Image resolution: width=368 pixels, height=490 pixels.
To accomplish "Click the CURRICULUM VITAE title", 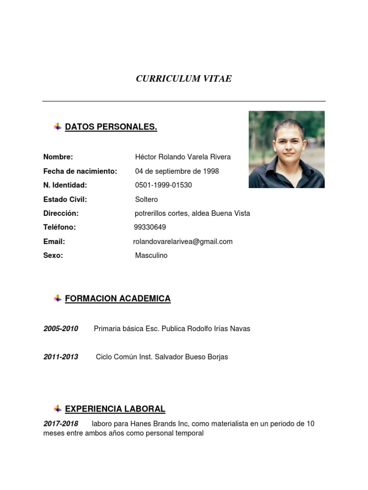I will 184,79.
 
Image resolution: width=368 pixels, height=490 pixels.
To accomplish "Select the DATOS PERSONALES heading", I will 111,127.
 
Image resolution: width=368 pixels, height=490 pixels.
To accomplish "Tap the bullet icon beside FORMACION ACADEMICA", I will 57,299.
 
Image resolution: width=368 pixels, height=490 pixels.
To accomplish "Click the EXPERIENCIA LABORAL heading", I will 115,409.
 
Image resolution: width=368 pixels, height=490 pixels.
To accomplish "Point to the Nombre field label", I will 58,157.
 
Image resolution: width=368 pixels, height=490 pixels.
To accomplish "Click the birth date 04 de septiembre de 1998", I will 177,171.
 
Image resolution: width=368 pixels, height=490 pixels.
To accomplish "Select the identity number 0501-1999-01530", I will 163,185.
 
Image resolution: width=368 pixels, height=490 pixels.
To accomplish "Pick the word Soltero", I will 146,200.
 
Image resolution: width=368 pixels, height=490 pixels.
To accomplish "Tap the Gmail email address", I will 183,242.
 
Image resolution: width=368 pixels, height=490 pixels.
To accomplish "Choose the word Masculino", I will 151,256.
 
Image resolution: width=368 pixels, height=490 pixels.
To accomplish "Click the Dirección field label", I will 61,213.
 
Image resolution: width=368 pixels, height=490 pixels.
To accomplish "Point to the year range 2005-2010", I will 60,329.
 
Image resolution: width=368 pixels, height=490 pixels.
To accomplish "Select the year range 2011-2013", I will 60,357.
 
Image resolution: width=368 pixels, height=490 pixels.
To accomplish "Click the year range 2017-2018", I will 60,424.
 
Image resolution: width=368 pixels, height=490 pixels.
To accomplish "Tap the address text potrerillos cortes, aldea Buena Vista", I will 192,213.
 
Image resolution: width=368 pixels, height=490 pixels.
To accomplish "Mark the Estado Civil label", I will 65,200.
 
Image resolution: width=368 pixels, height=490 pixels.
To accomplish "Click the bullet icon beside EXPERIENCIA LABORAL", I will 57,409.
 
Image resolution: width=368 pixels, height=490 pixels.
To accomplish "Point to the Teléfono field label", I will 59,227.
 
